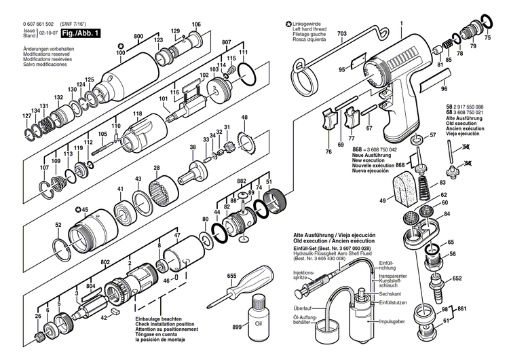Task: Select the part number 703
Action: [341, 33]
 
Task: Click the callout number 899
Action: [237, 327]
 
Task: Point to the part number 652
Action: [457, 278]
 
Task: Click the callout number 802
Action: [105, 261]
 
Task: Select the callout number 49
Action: [382, 200]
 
